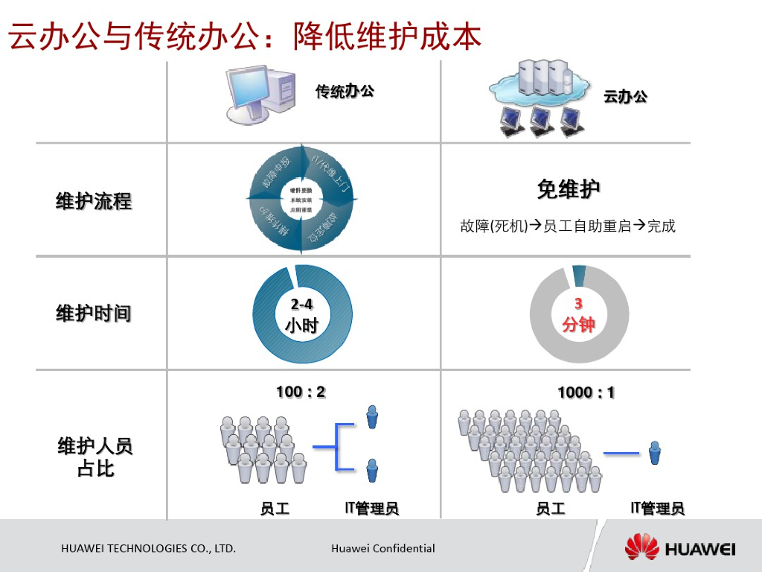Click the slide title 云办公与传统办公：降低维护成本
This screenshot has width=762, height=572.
point(246,35)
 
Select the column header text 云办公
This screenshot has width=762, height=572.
point(625,96)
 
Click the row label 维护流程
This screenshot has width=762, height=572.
point(94,201)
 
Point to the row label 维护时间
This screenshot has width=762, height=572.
point(94,314)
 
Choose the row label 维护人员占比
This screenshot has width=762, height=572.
point(95,457)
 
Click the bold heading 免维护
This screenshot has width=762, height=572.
point(569,190)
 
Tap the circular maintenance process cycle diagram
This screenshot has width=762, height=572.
point(301,200)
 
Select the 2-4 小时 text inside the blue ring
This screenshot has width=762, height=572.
point(301,316)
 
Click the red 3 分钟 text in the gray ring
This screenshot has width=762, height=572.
point(578,315)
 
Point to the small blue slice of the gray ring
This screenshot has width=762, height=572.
point(579,276)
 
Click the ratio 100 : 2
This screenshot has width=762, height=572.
point(301,392)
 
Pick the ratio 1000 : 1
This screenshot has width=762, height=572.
point(586,393)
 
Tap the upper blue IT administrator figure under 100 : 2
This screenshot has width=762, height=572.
point(372,417)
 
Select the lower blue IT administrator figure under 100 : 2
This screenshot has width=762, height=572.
point(372,470)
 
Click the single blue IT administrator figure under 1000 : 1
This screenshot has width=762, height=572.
point(655,453)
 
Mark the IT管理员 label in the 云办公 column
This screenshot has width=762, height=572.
point(657,509)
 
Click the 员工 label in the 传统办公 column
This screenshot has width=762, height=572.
point(275,509)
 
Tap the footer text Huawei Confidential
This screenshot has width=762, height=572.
point(383,549)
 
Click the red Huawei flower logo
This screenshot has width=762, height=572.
point(642,548)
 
